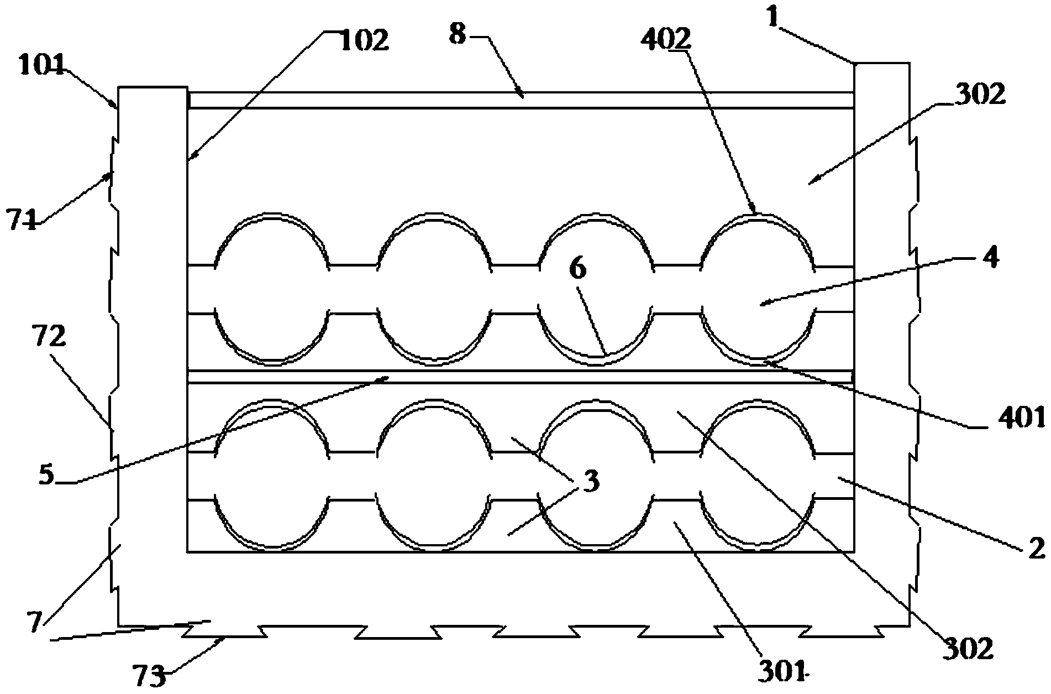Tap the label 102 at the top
[364, 41]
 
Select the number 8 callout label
[458, 34]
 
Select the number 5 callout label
[47, 476]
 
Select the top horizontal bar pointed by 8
[519, 100]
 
